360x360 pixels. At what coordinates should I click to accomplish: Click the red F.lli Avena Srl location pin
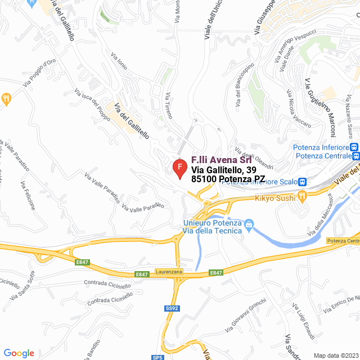pos(179,168)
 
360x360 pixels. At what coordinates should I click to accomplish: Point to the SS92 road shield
pos(172,308)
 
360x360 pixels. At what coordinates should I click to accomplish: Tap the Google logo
pos(19,353)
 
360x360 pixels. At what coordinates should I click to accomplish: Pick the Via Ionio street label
pos(119,61)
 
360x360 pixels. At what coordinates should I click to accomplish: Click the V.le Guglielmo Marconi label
pos(320,107)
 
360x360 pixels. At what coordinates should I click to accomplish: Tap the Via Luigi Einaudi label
pos(304,321)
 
